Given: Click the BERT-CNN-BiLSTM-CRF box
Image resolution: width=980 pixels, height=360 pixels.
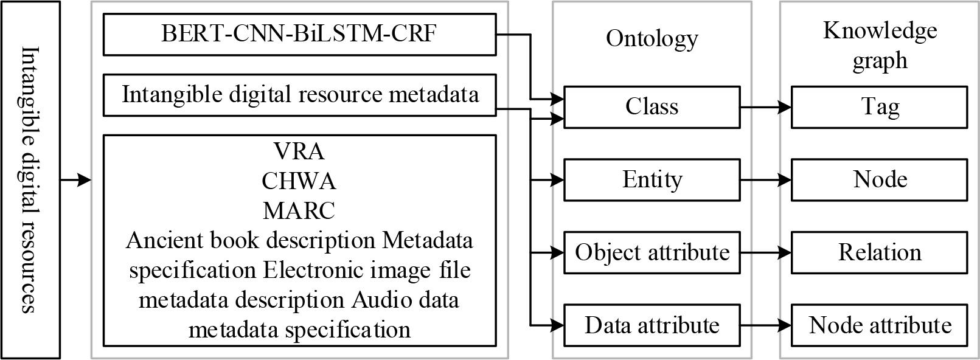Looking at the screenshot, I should pos(299,34).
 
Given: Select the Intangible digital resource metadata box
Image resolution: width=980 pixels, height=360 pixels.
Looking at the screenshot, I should pos(299,95).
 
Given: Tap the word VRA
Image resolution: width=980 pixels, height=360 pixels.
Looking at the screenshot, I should pos(299,150).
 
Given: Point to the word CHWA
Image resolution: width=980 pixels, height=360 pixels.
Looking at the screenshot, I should pos(299,181).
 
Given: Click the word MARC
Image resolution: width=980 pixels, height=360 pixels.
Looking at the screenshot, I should pos(299,210).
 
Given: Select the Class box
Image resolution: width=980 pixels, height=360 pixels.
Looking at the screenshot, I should pos(652,107).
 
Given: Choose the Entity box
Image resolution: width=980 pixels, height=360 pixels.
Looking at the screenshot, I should pos(652,180).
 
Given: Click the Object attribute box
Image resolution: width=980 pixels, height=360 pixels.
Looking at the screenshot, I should pos(652,252).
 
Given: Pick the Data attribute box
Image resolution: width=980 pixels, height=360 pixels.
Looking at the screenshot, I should pos(652,325).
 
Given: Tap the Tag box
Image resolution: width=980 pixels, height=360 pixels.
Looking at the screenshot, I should pos(879,107).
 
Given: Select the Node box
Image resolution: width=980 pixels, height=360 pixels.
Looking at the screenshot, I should pos(879,180).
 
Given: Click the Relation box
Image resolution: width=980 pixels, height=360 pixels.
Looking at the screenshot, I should pos(879,252).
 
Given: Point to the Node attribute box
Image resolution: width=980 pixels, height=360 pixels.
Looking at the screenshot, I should pos(879,325).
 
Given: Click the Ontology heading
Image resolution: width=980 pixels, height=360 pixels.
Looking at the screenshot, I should pos(652,38).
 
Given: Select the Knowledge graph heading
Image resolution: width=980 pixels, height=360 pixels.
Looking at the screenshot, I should pos(880,46).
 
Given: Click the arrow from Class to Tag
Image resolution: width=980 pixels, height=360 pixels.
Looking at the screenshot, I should pos(765,107).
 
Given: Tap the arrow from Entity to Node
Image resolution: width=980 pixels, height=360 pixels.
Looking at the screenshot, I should pos(765,180).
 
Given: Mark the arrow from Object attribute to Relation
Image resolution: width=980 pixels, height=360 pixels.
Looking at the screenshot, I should pos(765,252).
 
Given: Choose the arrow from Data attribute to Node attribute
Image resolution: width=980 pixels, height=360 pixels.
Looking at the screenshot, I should pos(765,325).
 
